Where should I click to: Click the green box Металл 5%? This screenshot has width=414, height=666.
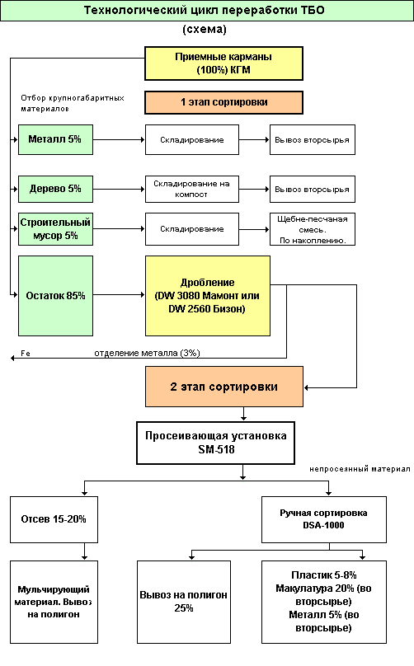(55, 140)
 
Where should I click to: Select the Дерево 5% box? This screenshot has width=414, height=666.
(55, 189)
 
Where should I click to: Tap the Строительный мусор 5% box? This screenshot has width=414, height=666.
(55, 229)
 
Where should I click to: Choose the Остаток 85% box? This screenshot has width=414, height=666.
(55, 296)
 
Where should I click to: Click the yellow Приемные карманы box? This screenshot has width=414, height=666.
(223, 63)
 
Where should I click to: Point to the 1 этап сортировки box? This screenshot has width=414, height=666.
(223, 102)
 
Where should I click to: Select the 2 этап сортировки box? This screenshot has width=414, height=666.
(224, 387)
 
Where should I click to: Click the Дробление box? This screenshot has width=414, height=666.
(208, 296)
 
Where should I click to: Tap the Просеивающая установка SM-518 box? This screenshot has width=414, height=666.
(215, 443)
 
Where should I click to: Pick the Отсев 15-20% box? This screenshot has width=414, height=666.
(54, 519)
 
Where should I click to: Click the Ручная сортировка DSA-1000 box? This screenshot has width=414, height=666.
(324, 519)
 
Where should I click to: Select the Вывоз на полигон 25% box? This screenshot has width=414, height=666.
(184, 602)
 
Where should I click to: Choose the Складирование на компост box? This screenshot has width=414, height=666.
(191, 189)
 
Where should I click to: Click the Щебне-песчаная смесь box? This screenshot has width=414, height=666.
(313, 229)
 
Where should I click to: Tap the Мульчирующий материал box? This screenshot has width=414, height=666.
(54, 602)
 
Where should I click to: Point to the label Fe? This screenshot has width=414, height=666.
(26, 354)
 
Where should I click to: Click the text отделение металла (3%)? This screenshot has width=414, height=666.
(147, 353)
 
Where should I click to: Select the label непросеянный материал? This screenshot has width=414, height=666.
(360, 469)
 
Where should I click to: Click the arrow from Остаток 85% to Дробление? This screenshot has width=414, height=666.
(119, 295)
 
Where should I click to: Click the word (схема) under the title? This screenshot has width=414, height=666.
(205, 29)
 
